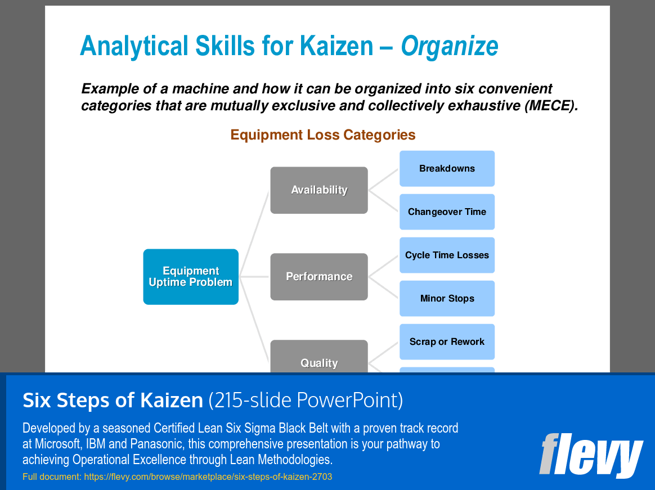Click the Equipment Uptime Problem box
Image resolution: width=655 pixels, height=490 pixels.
191,277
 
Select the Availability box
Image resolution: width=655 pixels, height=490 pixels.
319,190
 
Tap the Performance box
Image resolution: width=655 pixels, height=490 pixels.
319,277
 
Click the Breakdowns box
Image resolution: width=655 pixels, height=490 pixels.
447,169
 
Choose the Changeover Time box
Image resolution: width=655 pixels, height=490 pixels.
447,212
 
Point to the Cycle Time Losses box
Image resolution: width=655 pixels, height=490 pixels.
447,255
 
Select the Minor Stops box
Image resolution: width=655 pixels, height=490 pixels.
447,299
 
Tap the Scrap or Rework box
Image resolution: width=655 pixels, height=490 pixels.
447,342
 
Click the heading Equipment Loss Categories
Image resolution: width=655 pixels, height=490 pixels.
323,135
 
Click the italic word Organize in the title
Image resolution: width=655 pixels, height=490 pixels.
449,46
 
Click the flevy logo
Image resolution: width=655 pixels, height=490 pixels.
590,455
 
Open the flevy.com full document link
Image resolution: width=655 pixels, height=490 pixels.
208,477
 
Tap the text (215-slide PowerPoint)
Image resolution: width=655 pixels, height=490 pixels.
306,401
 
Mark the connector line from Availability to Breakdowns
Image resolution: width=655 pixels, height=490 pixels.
383,179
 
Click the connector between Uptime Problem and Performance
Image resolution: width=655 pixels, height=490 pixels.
254,277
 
